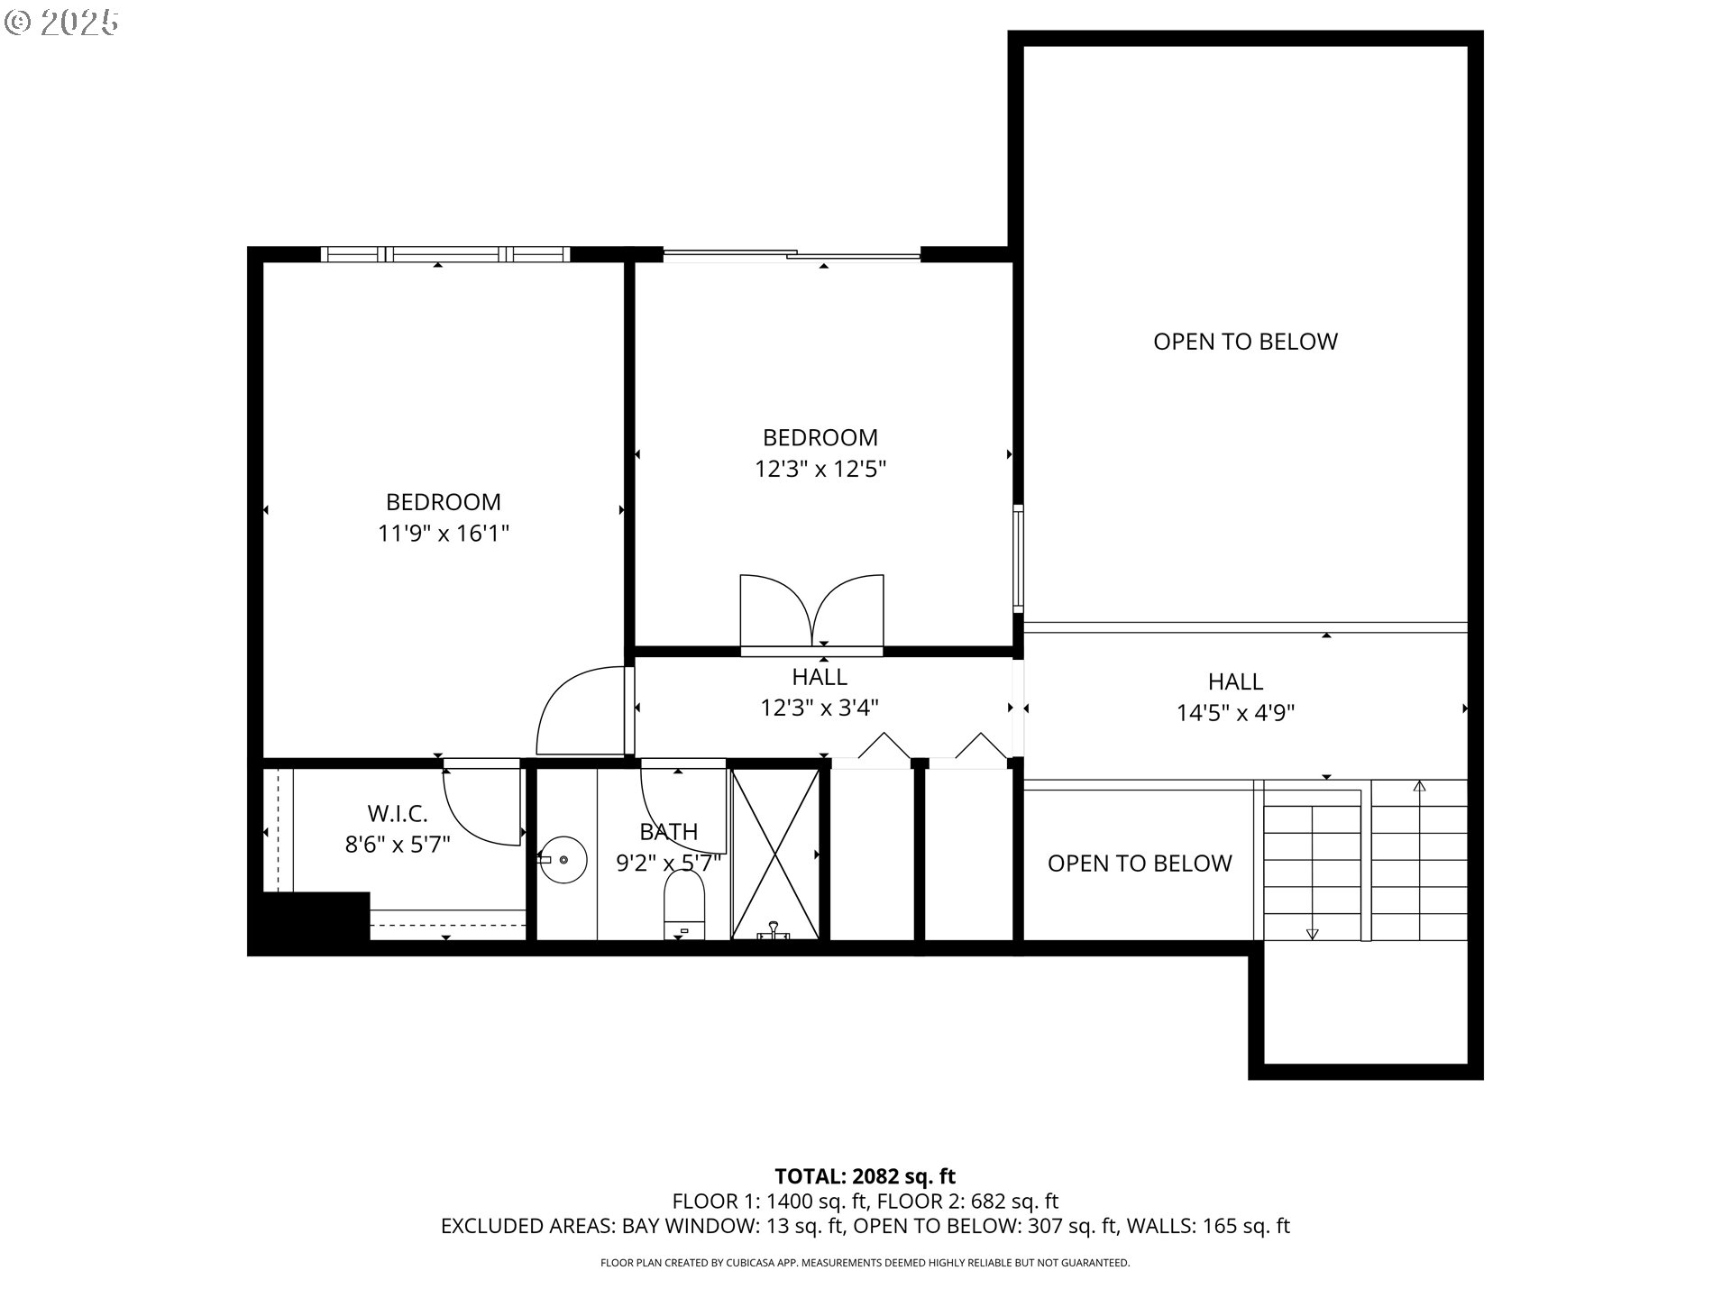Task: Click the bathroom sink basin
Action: [564, 859]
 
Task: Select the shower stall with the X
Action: [775, 852]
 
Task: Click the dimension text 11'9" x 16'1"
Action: [444, 534]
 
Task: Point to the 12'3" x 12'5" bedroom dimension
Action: [820, 469]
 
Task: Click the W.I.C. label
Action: [398, 814]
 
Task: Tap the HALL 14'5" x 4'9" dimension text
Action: [1235, 713]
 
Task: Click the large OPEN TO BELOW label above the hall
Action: [1245, 342]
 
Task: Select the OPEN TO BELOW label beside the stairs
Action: [1139, 864]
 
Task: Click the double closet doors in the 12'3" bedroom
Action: [812, 610]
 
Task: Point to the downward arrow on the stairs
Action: [1312, 933]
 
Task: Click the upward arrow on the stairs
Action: [1419, 787]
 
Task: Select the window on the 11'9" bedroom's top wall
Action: [444, 254]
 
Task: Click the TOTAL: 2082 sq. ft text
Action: [865, 1176]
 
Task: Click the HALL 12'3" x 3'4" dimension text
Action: [820, 708]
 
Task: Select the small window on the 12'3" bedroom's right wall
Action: [1018, 559]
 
